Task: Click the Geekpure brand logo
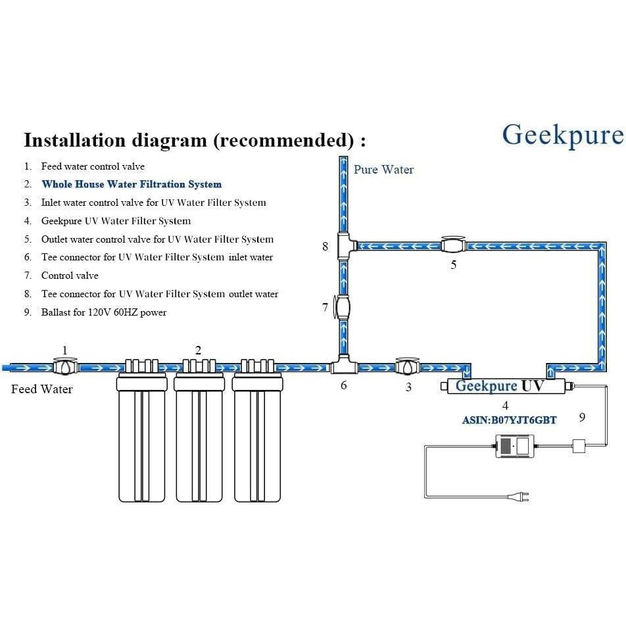point(563,135)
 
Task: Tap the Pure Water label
point(383,170)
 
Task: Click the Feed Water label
point(42,389)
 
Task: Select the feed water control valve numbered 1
point(65,366)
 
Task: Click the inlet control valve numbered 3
point(408,366)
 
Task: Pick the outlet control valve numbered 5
point(454,245)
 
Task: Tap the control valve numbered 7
point(342,307)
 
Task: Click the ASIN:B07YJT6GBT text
point(509,420)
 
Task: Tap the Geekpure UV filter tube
point(507,386)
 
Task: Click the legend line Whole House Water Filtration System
point(132,184)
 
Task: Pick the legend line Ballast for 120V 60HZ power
point(104,312)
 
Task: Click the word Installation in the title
point(75,139)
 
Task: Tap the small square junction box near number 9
point(579,446)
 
